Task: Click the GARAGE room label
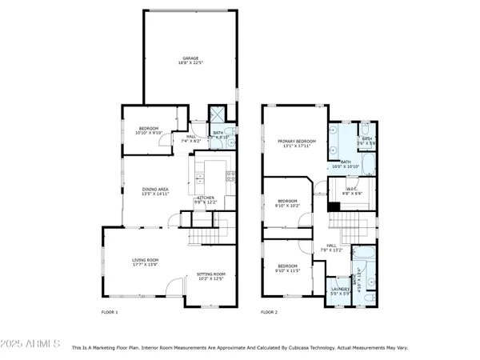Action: tap(190, 58)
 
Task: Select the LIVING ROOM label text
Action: tap(146, 260)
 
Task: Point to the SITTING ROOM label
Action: tap(211, 274)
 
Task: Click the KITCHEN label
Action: tap(206, 198)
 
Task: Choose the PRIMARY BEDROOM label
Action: tap(297, 141)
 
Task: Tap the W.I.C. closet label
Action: tap(353, 189)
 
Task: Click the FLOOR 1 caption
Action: tap(110, 312)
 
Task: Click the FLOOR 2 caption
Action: tap(270, 312)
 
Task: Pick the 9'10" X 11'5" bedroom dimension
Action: tap(287, 270)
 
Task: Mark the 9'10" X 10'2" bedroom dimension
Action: tap(287, 206)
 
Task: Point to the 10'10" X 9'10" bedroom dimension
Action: tap(150, 134)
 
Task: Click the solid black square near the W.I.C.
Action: tap(332, 206)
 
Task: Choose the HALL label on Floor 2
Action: tap(331, 246)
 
